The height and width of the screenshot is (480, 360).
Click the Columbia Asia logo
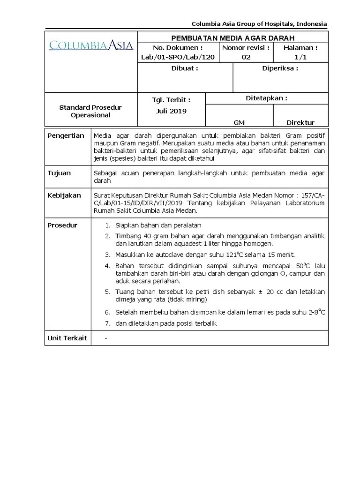[x=91, y=45]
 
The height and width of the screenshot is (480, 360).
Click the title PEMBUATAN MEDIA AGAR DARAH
[x=233, y=37]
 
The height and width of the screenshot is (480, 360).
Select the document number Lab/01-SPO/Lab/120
[x=178, y=57]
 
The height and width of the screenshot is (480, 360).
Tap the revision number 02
[x=246, y=57]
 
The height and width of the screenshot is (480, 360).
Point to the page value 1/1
[x=300, y=57]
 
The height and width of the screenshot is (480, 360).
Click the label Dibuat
[x=185, y=68]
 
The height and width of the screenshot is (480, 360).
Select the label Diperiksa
[x=280, y=68]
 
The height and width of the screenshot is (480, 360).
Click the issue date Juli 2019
[x=171, y=111]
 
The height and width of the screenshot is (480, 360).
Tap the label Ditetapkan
[x=266, y=98]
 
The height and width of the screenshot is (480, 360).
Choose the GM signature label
[x=239, y=122]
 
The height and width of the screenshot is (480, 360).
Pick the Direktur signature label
[x=300, y=122]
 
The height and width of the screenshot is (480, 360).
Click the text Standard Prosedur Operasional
[x=90, y=111]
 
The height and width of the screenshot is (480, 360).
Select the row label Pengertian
[x=66, y=135]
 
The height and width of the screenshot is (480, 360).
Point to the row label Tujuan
[x=60, y=173]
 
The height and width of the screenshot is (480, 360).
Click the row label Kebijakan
[x=64, y=195]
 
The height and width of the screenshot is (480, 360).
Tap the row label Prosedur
[x=63, y=225]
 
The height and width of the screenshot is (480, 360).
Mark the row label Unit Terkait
[x=67, y=338]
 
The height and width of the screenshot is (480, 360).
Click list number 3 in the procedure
[x=107, y=255]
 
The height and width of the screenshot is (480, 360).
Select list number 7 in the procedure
[x=107, y=324]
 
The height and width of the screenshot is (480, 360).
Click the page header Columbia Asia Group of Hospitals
[x=260, y=24]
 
